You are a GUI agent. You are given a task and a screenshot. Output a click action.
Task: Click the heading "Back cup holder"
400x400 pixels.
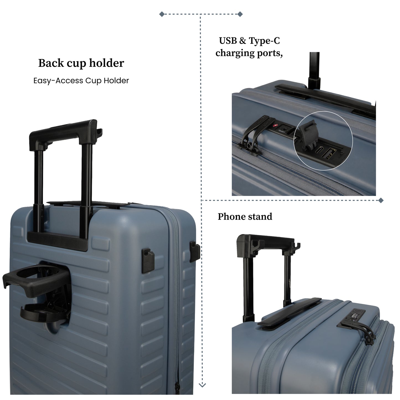81,63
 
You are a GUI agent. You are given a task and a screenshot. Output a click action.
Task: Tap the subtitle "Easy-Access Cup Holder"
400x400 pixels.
81,81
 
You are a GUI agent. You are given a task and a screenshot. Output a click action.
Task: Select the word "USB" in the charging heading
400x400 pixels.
228,41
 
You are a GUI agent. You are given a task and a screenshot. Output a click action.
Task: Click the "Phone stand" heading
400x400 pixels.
245,216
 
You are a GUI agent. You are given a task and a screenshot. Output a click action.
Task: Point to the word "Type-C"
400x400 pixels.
264,41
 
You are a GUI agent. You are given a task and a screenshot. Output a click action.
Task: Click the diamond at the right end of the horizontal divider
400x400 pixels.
381,200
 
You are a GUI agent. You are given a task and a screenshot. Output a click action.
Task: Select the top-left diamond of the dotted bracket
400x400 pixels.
162,14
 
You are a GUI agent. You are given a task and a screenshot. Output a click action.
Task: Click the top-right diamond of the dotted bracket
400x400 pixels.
240,14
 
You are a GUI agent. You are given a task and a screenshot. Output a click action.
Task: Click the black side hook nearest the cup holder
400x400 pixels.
148,261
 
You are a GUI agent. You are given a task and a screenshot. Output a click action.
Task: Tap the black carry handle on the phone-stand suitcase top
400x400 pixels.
290,314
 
